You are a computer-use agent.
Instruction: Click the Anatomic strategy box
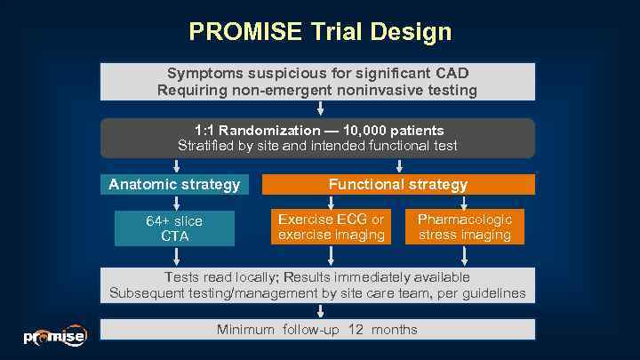pos(174,185)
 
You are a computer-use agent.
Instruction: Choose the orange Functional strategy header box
pos(397,185)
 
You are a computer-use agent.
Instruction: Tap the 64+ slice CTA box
pos(174,228)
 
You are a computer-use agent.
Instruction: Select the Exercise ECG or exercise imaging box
pos(331,227)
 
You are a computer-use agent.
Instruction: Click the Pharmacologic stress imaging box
pos(464,227)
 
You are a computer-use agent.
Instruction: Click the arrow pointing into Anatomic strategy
pos(176,166)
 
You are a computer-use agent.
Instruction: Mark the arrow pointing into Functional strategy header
pos(399,166)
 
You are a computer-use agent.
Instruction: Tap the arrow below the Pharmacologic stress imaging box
pos(464,256)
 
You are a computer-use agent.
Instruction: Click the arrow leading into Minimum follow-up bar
pos(319,310)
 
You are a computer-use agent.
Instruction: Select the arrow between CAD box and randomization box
pos(319,108)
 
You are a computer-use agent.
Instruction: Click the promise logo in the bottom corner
pos(54,335)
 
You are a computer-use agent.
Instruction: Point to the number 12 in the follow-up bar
pos(356,330)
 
